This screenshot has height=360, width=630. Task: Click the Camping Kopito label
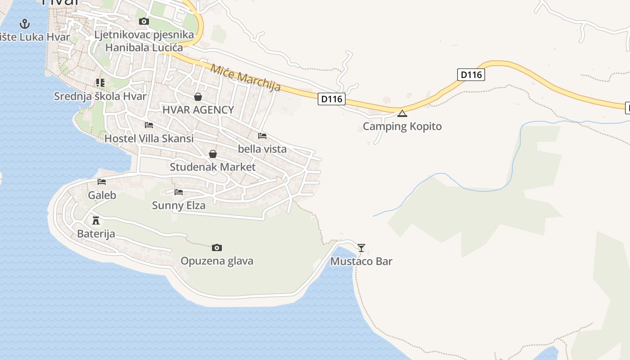(402, 126)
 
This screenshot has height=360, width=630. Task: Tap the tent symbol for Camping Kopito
(402, 113)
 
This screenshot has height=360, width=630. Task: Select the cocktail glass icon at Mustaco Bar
(361, 247)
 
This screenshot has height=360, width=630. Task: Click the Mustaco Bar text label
(361, 261)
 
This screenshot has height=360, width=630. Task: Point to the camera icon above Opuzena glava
(217, 247)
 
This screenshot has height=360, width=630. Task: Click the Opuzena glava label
(217, 261)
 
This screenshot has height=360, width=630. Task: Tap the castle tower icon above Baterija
(95, 220)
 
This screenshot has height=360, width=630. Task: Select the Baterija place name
(96, 234)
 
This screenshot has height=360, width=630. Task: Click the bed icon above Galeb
(102, 182)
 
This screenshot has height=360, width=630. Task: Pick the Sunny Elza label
(179, 206)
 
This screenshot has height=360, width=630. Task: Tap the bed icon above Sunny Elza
(179, 192)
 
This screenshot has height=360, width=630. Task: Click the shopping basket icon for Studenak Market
(213, 154)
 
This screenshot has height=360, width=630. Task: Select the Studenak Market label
(212, 167)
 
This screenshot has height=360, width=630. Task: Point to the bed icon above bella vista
(262, 135)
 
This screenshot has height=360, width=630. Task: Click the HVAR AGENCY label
(198, 110)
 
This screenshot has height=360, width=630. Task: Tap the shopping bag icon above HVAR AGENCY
(198, 97)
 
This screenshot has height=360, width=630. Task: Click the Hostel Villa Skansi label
(149, 139)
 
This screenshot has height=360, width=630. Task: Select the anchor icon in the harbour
(25, 24)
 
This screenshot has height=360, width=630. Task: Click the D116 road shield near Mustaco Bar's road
(331, 99)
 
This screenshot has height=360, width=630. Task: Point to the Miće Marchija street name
(246, 77)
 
